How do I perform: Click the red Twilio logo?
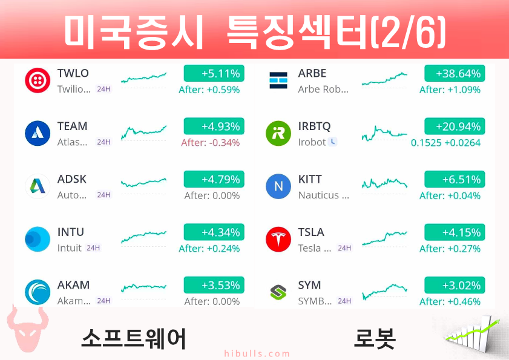point(38,80)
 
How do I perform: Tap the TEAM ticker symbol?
point(73,126)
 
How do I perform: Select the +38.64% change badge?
point(455,73)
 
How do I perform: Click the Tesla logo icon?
point(278,239)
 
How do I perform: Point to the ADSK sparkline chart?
point(143,183)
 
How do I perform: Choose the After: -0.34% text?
point(211,143)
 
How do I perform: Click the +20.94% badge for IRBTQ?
point(455,126)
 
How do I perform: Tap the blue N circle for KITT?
point(278,186)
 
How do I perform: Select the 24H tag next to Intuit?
point(93,248)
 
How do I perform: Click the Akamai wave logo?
point(38,292)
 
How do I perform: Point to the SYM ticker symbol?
point(309,285)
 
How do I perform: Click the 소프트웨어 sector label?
point(133,338)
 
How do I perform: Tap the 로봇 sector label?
point(375,338)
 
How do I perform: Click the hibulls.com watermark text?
point(257,353)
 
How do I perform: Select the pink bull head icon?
point(28,329)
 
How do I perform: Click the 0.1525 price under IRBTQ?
point(426,143)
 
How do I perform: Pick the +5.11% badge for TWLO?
point(214,73)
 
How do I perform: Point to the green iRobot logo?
point(278,134)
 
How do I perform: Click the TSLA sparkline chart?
point(384,238)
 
